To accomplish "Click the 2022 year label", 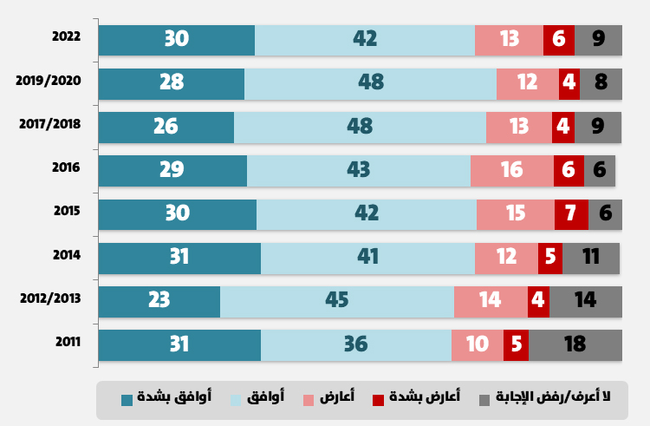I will pos(66,36).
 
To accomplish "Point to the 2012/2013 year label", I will pos(49,298).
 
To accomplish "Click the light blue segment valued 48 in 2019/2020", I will pos(370,83).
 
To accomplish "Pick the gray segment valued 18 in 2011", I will pos(575,344).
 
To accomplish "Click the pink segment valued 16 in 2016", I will pos(511,170).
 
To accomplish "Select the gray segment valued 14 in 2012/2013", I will pos(586,300).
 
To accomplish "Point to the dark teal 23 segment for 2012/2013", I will pos(159,300).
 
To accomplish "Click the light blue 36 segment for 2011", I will pos(355,344).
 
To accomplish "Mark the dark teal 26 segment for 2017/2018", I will pos(166,127).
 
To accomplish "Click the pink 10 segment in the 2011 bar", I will pos(477,344).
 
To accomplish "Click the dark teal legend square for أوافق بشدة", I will pos(127,399).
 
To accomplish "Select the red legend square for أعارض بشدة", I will pos(378,399).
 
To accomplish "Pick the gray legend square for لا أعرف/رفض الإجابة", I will pos(484,399).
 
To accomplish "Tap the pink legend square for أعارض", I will pos(308,399).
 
